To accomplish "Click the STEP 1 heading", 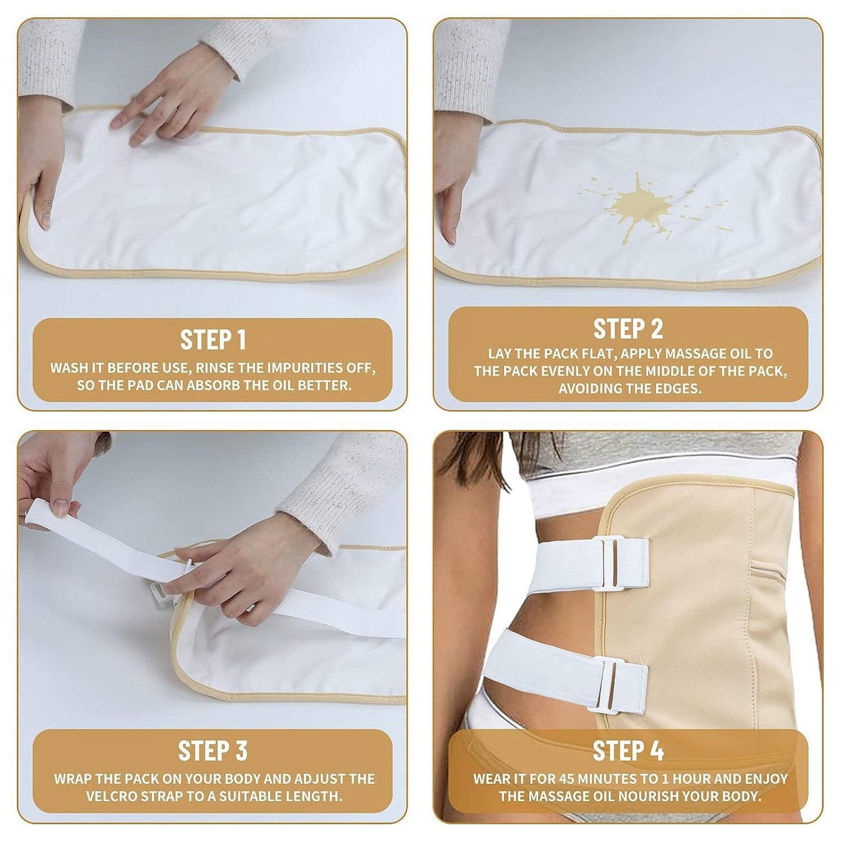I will (x=212, y=340).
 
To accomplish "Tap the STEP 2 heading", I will (x=628, y=329).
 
